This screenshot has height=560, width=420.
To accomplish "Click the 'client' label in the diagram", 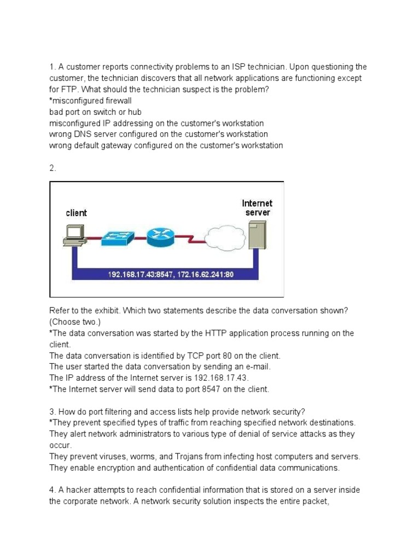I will coord(76,213).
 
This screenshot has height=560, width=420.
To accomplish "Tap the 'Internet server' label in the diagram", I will coord(257,208).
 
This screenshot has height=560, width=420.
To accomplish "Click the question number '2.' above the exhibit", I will coord(52,168).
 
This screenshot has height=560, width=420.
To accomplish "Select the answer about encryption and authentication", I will coord(194,467).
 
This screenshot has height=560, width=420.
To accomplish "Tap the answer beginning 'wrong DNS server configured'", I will coord(159,134).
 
